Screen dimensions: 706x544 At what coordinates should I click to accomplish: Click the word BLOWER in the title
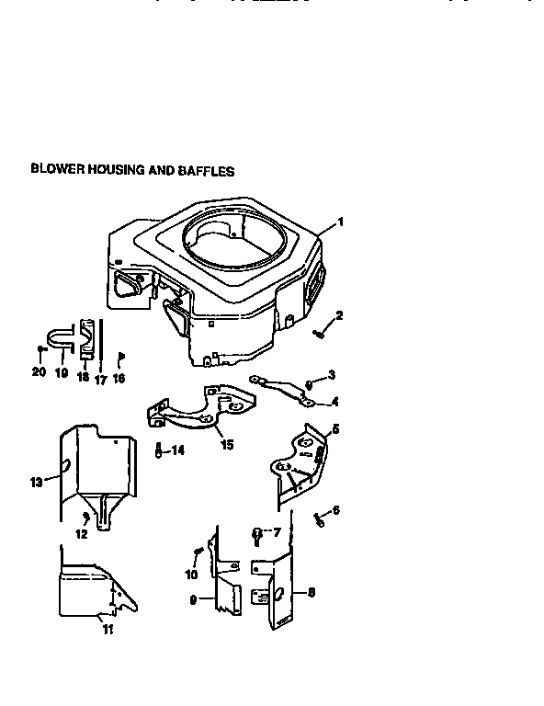point(57,170)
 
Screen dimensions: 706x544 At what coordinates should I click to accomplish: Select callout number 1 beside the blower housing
point(340,222)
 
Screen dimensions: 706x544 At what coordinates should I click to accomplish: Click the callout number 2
point(339,316)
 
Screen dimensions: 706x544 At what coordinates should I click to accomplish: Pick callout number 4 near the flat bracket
point(334,402)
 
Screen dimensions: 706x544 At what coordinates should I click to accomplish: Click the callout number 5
point(334,428)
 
